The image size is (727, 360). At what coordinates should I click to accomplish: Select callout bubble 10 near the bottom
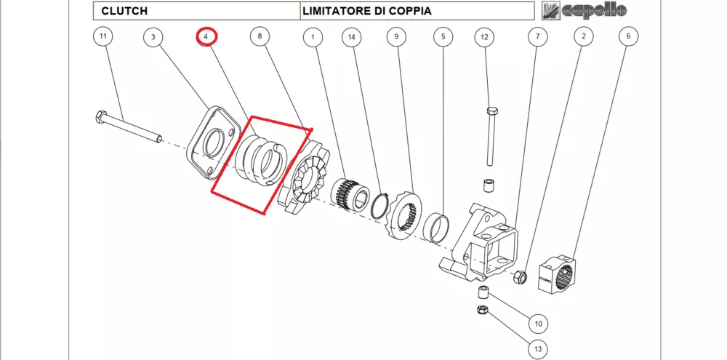(x=538, y=324)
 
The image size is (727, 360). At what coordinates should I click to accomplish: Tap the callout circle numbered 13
(x=538, y=350)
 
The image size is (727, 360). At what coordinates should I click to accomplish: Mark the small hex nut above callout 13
(x=481, y=311)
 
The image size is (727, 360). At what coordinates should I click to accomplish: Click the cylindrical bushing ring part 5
(x=438, y=226)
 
